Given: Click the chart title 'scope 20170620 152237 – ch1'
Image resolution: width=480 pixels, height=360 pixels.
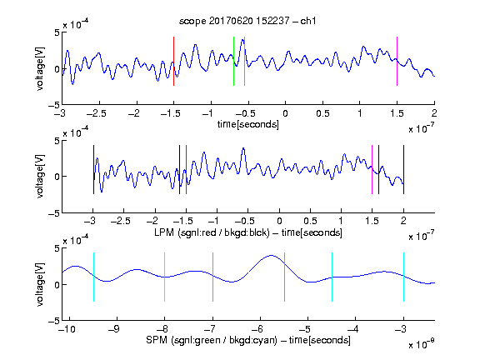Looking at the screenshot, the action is [x=247, y=21].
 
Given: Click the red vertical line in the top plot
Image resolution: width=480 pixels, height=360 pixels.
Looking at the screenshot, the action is [x=173, y=61].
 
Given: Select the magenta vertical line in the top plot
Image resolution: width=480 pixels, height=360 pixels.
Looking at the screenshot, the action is [x=397, y=61].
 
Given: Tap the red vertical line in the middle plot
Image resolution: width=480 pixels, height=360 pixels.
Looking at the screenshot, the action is [x=186, y=170].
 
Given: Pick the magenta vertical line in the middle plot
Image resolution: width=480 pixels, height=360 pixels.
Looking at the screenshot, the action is [x=372, y=170].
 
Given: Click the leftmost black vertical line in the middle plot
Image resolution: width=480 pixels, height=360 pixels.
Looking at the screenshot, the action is [x=93, y=170].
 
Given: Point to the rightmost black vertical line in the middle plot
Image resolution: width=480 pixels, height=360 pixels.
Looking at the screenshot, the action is [x=403, y=170].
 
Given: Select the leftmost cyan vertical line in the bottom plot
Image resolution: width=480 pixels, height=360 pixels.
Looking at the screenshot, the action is [x=93, y=277].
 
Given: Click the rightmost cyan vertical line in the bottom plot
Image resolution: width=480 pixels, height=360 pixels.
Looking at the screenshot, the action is [x=403, y=277].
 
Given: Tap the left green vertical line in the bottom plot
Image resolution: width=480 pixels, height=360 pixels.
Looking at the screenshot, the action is [x=212, y=277].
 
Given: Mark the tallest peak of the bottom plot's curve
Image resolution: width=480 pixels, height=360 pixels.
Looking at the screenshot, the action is [x=271, y=255].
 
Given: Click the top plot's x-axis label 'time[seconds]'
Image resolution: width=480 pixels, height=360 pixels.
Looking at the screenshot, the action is [x=248, y=124].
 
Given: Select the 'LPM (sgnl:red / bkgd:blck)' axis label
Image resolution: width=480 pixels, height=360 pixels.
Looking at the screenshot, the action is [x=212, y=232].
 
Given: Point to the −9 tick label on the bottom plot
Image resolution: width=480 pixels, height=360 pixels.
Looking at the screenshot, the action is [x=114, y=329].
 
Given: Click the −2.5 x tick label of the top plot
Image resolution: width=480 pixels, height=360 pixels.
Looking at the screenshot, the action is [x=97, y=113].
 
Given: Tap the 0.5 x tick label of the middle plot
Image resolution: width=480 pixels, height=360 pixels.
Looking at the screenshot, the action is [x=310, y=221].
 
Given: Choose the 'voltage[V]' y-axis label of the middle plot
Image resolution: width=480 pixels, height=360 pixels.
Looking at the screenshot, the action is [x=40, y=177].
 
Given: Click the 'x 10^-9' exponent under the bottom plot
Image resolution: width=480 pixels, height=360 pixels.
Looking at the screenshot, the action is [x=421, y=343].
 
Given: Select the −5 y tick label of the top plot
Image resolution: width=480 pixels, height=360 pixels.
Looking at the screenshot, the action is [x=54, y=105].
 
